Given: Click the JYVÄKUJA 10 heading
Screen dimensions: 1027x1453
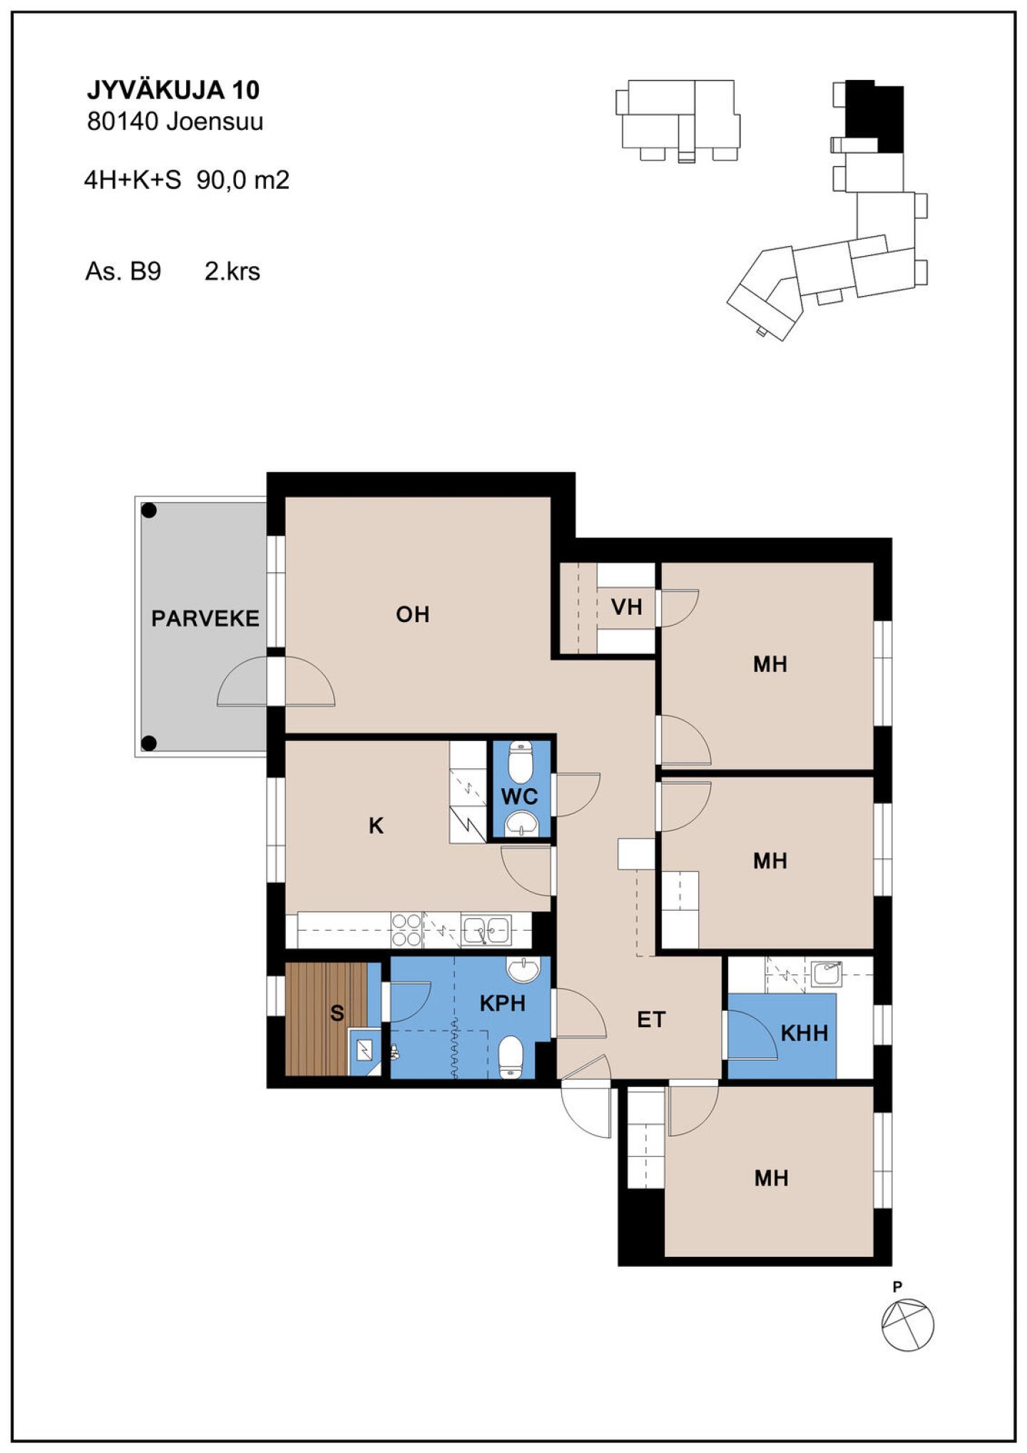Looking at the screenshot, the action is (173, 90).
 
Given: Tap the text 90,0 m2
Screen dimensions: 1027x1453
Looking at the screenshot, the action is (243, 180).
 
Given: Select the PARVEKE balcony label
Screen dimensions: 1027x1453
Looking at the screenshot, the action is (205, 618).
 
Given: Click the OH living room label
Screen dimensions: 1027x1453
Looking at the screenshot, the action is (413, 614).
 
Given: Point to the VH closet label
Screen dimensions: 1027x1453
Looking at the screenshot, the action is (627, 607).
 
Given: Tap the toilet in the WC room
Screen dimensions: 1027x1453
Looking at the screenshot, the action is (521, 761).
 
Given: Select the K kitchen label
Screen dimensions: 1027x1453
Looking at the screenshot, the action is (376, 825).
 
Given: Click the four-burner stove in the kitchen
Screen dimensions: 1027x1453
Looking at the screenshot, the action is (407, 930).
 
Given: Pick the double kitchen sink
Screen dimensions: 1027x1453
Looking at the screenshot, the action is (486, 929).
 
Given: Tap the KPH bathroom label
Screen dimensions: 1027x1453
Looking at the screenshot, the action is (503, 1004).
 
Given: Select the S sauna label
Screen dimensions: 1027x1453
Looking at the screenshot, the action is (337, 1013).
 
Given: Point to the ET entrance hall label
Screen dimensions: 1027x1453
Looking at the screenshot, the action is (651, 1020).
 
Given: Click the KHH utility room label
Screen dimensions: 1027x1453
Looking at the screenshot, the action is (804, 1032).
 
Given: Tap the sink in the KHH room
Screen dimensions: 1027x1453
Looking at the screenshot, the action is (827, 974).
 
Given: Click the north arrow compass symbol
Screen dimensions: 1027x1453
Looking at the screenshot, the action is (907, 1325).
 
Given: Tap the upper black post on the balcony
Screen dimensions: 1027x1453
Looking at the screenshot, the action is (149, 510).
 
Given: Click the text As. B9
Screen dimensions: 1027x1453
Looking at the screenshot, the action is (123, 272).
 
